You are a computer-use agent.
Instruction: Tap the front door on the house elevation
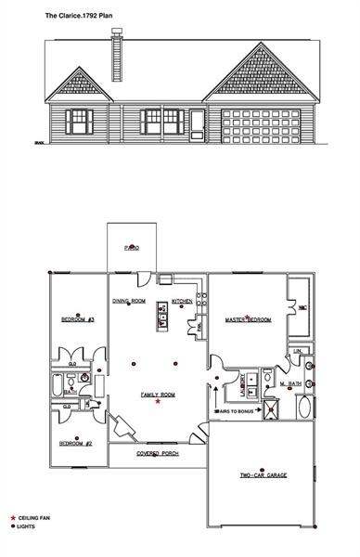pos(197,124)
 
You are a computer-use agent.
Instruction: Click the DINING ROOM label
pos(130,302)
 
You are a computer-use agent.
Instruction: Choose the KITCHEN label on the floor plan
pos(182,302)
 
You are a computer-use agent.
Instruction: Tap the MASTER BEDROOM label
pos(248,320)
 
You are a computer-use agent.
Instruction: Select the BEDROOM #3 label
pos(78,319)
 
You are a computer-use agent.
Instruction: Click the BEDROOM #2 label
pos(75,444)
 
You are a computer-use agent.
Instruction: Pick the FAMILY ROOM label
pos(158,395)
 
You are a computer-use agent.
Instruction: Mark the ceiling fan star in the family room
pos(159,403)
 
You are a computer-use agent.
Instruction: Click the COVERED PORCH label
pos(157,454)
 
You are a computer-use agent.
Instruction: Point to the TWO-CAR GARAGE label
pos(264,474)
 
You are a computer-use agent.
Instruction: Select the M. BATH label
pos(291,383)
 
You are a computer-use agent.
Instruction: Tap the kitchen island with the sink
pos(161,319)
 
